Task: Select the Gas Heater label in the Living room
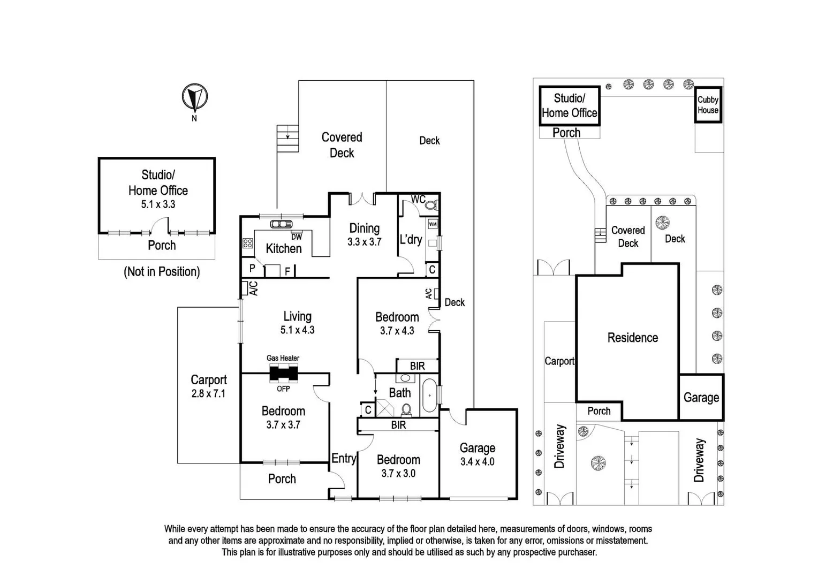point(283,358)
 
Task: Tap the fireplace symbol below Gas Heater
point(283,373)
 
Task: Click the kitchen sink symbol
point(281,224)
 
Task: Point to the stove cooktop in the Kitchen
point(247,244)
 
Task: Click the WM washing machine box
point(433,224)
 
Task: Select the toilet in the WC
point(431,205)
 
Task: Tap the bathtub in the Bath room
point(429,396)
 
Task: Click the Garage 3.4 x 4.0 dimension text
point(477,462)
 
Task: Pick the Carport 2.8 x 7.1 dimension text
point(208,394)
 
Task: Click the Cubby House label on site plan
point(708,105)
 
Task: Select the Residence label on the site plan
point(632,338)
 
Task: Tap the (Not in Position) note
point(162,272)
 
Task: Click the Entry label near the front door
point(343,459)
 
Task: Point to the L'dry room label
point(411,240)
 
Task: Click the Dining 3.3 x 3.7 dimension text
point(364,242)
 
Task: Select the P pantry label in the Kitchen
point(252,268)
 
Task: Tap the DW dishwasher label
point(296,237)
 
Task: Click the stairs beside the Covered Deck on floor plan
point(287,139)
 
